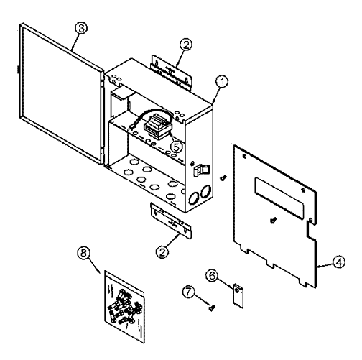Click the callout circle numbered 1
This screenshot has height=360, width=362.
click(222, 82)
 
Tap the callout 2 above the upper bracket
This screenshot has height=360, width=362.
click(186, 45)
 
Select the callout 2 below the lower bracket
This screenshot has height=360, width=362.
click(162, 252)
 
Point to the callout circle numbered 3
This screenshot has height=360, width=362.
click(81, 28)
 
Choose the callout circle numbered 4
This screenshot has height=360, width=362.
click(339, 262)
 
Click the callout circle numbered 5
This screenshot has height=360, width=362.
click(176, 147)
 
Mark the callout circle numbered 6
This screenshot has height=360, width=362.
click(212, 275)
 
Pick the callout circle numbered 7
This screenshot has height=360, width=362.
click(188, 292)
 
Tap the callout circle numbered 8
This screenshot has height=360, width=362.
click(83, 253)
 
